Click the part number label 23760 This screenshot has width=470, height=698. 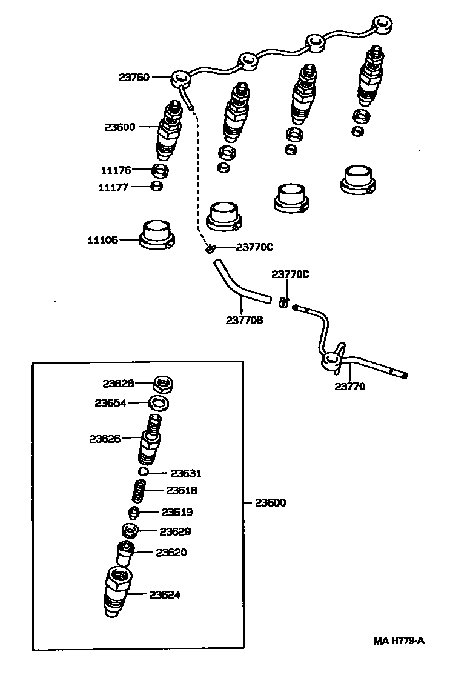[x=134, y=77]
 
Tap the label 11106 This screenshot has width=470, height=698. [x=103, y=240]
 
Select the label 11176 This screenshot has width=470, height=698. [x=115, y=170]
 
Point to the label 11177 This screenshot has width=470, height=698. [x=113, y=187]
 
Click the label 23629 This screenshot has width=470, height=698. [x=176, y=531]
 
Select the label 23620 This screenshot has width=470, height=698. [x=171, y=553]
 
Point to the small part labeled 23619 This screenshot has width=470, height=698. [x=134, y=513]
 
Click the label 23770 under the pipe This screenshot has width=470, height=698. [x=351, y=386]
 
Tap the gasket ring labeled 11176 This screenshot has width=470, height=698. [x=159, y=170]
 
